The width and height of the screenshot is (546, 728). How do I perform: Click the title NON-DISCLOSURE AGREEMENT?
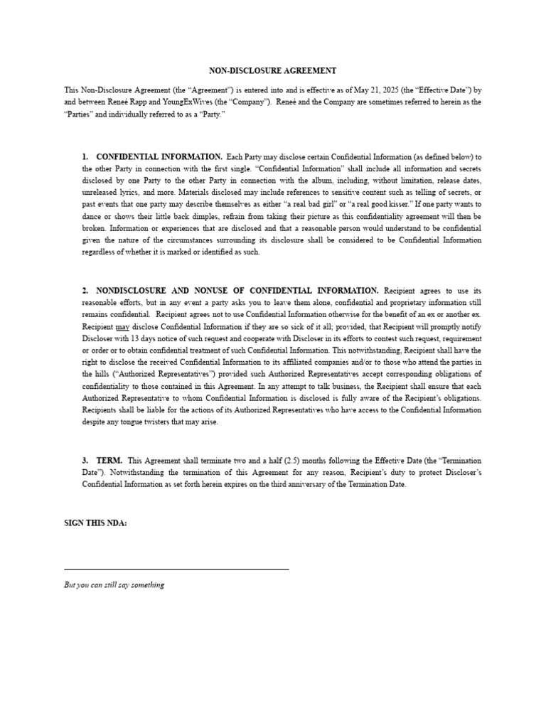(273, 71)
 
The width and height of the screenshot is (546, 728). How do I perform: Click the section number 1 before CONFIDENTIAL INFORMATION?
(85, 156)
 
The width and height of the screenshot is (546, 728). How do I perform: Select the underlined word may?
(122, 326)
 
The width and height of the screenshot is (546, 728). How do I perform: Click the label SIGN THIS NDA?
(96, 523)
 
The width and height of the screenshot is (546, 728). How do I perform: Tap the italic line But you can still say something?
(114, 585)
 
